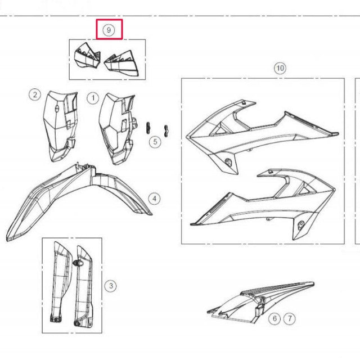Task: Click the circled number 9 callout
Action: (x=109, y=30)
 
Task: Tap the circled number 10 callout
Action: (x=280, y=68)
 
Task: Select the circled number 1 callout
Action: (x=93, y=98)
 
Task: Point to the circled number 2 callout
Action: (x=35, y=94)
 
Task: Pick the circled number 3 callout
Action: (x=111, y=286)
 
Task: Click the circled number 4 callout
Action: (x=154, y=199)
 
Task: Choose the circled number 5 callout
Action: (x=155, y=142)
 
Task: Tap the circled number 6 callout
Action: (x=274, y=318)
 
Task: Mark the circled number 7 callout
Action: (x=290, y=318)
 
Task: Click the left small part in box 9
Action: (x=88, y=56)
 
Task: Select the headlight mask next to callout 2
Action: (x=60, y=126)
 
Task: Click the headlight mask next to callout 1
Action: (x=118, y=129)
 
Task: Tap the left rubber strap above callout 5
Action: (x=148, y=128)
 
